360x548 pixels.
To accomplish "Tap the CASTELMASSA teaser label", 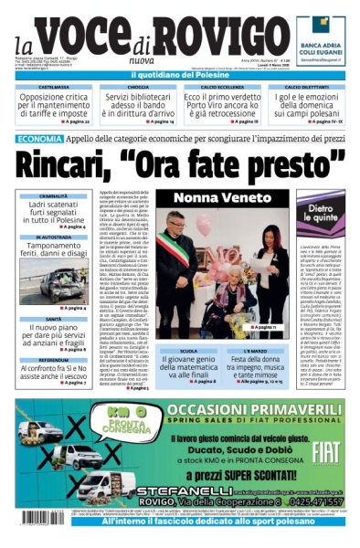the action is [x=53, y=87].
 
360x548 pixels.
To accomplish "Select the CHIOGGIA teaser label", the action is [x=137, y=87].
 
